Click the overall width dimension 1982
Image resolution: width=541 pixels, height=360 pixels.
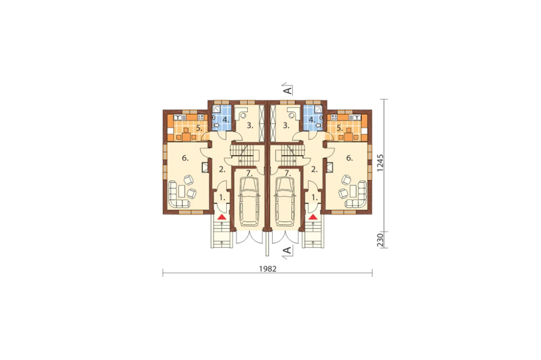click(x=268, y=269)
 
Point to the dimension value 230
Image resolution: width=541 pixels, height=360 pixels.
click(x=380, y=240)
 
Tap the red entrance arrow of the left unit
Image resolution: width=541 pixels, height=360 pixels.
click(x=221, y=217)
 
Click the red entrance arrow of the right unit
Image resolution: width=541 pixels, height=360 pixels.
click(x=313, y=217)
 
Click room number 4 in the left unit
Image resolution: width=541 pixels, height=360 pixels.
click(x=226, y=120)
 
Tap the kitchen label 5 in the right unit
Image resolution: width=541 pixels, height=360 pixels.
click(x=340, y=128)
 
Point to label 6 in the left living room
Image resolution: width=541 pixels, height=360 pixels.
click(x=185, y=158)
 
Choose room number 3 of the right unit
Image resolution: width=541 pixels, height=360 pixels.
click(x=286, y=125)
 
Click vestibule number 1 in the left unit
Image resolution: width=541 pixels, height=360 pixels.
click(x=222, y=198)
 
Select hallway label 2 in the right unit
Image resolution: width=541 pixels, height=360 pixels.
click(x=314, y=169)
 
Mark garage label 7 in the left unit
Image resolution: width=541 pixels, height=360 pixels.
click(x=249, y=173)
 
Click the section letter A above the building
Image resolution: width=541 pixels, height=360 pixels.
click(x=287, y=91)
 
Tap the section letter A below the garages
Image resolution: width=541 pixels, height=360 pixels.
click(x=287, y=250)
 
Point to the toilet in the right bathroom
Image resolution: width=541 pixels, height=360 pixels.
click(x=319, y=125)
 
